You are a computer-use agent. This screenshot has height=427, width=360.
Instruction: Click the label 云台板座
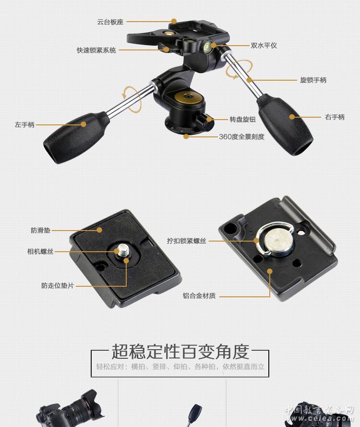point(110,22)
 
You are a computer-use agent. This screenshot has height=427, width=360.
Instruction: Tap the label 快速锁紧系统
point(96,50)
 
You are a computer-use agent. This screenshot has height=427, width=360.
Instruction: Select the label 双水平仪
point(264,46)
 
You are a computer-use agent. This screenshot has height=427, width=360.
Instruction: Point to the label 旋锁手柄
point(313,80)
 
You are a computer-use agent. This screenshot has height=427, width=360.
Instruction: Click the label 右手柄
point(335,117)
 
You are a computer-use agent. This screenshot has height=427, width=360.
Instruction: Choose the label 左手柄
point(24,125)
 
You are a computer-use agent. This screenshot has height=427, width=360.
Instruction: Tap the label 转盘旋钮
point(243,119)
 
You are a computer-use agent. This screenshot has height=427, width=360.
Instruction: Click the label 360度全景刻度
point(241,137)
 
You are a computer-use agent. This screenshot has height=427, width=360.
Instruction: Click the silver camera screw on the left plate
point(122,250)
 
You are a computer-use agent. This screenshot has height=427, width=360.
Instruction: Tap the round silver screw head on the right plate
point(278,242)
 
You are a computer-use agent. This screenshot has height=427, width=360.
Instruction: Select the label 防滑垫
point(40,231)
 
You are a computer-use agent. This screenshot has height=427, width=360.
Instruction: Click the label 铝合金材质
point(199,296)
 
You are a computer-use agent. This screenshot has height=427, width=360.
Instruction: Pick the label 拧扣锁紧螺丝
point(187,241)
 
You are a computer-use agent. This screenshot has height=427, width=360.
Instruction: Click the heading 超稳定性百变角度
point(180,352)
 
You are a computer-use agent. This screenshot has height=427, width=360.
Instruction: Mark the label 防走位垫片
point(58,286)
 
